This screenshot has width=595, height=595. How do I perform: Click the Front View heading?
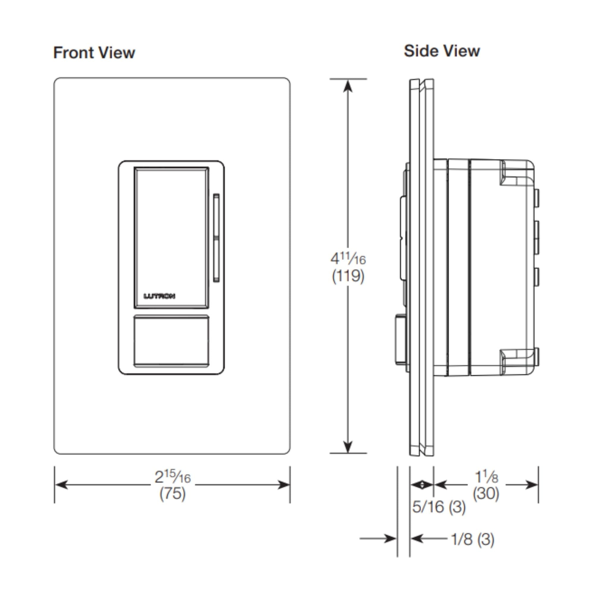click(x=94, y=53)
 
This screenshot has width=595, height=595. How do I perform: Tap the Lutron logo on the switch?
click(x=159, y=296)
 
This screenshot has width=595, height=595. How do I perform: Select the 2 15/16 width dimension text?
click(x=173, y=477)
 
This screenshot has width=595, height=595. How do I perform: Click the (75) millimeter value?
click(x=173, y=494)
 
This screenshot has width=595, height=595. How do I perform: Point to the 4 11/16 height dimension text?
click(x=348, y=259)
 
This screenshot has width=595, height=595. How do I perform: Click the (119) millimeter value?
click(x=348, y=276)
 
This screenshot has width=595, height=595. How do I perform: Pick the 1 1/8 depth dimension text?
click(x=486, y=477)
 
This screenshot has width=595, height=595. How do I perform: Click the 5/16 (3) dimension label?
click(x=439, y=507)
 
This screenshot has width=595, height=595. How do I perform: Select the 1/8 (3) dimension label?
click(x=473, y=539)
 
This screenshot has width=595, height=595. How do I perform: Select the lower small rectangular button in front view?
click(x=171, y=341)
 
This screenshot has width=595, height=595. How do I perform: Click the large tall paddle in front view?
click(x=171, y=237)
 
